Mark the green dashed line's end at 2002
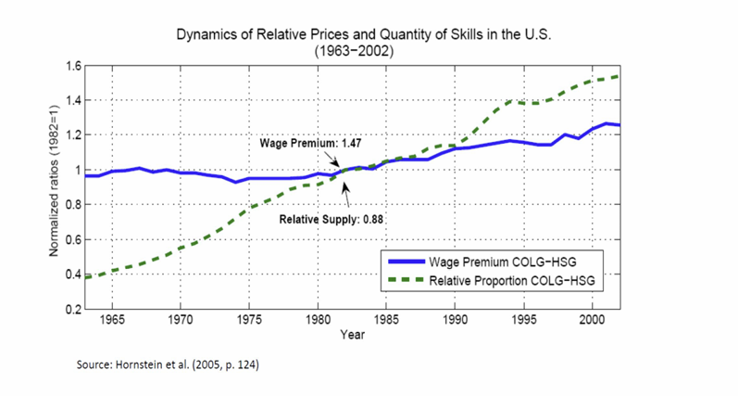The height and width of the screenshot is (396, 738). [619, 76]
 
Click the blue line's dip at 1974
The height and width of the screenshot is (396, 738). [235, 182]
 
